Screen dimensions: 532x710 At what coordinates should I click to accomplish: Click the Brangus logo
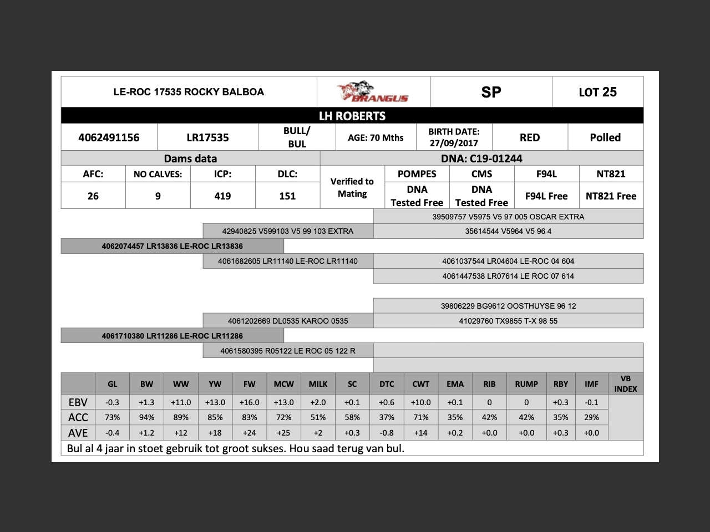click(x=373, y=92)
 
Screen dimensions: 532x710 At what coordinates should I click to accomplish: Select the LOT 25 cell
click(x=597, y=92)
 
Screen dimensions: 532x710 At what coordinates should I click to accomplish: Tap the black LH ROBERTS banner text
click(x=352, y=116)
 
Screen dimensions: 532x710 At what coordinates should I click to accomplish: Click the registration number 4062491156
click(x=109, y=137)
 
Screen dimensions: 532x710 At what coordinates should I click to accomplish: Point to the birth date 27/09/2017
click(x=454, y=143)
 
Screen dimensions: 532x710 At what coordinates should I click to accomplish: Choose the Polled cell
click(x=605, y=137)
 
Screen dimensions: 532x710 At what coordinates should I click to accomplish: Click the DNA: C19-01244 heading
click(x=481, y=158)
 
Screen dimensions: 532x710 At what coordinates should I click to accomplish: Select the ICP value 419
click(x=222, y=196)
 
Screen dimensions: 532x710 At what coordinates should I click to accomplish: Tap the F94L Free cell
click(x=546, y=196)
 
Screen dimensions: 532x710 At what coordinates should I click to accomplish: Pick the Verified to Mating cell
click(x=352, y=187)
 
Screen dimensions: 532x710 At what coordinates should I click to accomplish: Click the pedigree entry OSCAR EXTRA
click(x=508, y=217)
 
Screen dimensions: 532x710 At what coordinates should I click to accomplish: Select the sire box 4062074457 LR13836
click(x=172, y=246)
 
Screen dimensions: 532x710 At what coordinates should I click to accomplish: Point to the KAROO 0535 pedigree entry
click(x=288, y=321)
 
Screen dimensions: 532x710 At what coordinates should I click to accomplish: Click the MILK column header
click(x=318, y=383)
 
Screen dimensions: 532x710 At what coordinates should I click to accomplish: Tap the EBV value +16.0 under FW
click(x=250, y=402)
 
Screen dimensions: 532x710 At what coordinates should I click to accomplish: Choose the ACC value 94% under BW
click(x=146, y=417)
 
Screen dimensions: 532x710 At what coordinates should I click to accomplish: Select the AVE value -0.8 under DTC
click(x=387, y=433)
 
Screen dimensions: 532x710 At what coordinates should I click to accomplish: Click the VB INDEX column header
click(x=626, y=383)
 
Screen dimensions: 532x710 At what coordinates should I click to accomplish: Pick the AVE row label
click(x=78, y=433)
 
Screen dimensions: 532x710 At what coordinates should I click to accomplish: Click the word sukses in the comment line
click(x=268, y=448)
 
